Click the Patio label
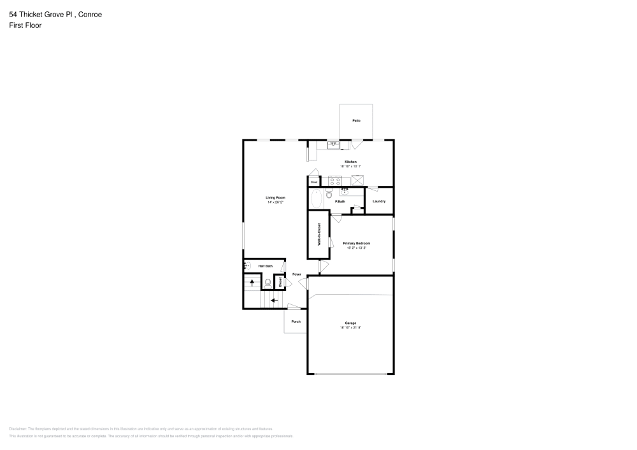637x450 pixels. [x=356, y=120]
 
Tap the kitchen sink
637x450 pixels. [x=333, y=144]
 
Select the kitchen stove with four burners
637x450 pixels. [x=331, y=181]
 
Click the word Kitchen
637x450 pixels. [x=350, y=162]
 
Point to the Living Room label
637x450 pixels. [x=275, y=198]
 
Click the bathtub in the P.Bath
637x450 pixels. [x=316, y=198]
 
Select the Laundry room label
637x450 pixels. [x=379, y=201]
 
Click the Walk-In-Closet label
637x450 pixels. [x=319, y=234]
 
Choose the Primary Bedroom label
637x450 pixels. [x=357, y=243]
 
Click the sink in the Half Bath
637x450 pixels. [x=247, y=266]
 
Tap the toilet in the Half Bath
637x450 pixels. [x=268, y=281]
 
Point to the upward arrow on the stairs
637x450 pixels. [x=253, y=281]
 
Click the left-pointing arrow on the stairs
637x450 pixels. [x=275, y=300]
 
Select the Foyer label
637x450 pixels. [x=296, y=274]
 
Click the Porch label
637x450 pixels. [x=296, y=321]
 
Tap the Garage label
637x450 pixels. [x=350, y=323]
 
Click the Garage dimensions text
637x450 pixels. [x=350, y=328]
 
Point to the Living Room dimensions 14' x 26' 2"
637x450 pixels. [x=275, y=202]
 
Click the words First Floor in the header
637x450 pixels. [x=25, y=25]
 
